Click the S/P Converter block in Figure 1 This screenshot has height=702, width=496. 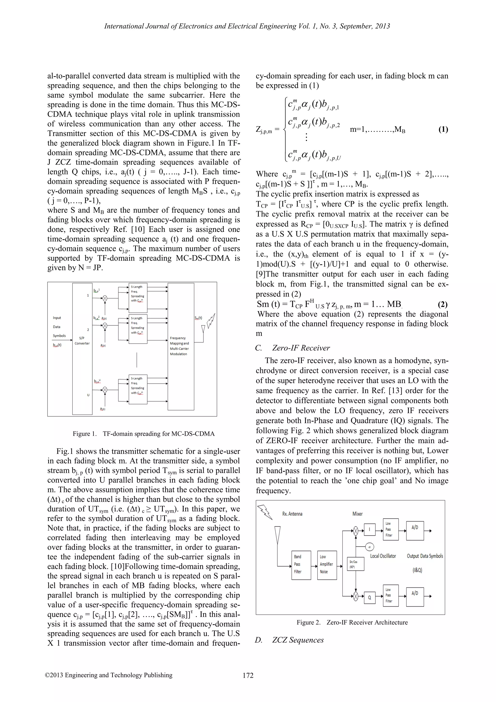[82, 348]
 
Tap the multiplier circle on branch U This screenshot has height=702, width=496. [105, 389]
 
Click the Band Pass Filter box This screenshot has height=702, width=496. [301, 565]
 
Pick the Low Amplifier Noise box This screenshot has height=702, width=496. [327, 565]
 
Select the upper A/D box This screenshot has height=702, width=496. [415, 531]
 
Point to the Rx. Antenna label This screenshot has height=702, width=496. [292, 514]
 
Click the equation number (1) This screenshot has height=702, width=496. [443, 129]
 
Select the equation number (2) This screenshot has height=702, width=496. [442, 304]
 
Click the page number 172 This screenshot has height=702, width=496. [248, 675]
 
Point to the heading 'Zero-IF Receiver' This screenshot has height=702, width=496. [301, 348]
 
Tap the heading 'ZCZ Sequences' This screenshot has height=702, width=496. [298, 640]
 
